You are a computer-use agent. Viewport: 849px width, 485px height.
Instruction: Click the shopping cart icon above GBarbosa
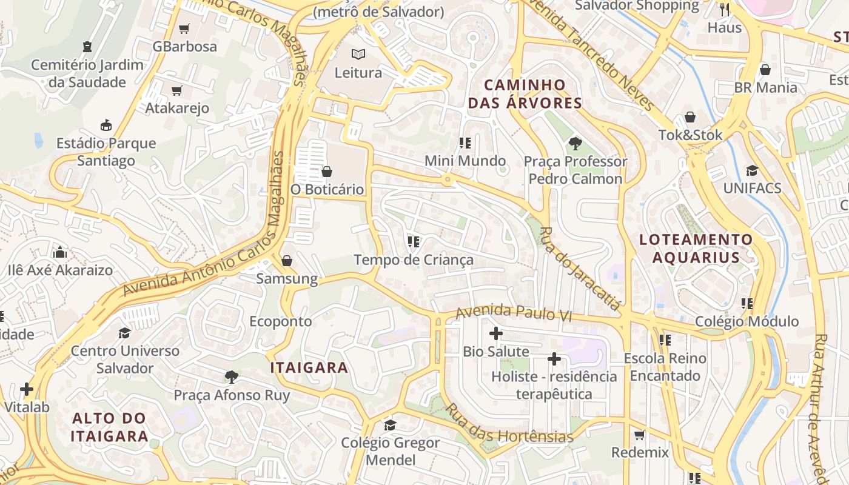(x=184, y=28)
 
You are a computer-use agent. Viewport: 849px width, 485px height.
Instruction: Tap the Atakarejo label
(x=177, y=108)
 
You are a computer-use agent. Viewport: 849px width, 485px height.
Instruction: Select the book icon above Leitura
(x=358, y=55)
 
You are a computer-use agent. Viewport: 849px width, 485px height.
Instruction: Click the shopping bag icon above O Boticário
(x=327, y=172)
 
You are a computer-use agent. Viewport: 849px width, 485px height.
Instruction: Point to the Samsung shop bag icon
(x=287, y=261)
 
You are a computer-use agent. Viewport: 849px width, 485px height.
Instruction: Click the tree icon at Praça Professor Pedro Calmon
(x=575, y=144)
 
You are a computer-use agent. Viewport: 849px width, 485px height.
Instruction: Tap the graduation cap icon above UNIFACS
(x=752, y=170)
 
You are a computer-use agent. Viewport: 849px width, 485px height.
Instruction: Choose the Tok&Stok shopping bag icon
(x=690, y=117)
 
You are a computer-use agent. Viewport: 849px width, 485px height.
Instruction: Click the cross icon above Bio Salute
(x=496, y=333)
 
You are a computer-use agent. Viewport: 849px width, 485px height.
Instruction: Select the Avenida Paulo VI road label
(x=514, y=313)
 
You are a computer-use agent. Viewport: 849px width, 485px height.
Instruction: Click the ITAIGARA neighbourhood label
(x=309, y=367)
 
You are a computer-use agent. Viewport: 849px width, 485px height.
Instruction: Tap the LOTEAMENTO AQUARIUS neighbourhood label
(x=696, y=249)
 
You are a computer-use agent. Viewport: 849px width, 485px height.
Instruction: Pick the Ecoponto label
(x=281, y=321)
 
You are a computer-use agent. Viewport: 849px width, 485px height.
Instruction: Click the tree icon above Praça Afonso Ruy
(x=231, y=377)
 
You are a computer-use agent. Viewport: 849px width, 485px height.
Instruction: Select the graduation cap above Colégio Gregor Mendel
(x=390, y=424)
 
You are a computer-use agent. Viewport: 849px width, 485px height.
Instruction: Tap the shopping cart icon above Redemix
(x=639, y=435)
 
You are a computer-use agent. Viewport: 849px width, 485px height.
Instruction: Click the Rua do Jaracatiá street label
(x=580, y=269)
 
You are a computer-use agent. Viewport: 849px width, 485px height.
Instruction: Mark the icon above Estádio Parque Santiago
(x=106, y=125)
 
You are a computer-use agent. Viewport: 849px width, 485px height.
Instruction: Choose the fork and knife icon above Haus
(x=724, y=9)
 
